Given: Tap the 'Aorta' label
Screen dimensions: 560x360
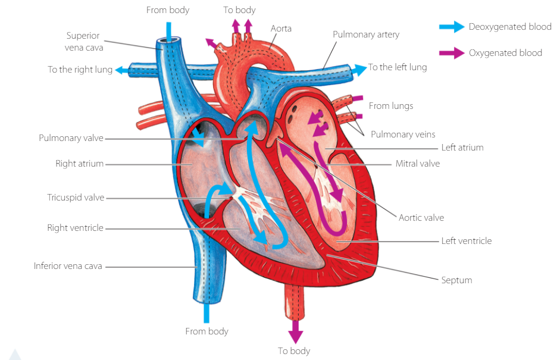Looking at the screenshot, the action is coord(281,28).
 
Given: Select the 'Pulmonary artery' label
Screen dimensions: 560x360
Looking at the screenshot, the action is coord(365,35).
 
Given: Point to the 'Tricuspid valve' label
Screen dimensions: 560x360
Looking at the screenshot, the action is coord(76,198).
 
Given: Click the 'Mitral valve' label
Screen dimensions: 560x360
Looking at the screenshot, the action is coord(417,163).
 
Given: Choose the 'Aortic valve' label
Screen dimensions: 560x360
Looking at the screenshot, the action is coord(421,218).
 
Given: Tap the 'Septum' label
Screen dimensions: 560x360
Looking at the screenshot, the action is coord(456,280).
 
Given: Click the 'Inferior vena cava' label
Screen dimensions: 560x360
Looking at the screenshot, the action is coord(68,266).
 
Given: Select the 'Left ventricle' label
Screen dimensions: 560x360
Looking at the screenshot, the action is coord(466,241).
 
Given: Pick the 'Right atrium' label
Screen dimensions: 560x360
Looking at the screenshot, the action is coord(79,163).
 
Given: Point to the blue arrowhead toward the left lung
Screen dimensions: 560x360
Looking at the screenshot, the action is coord(361,68).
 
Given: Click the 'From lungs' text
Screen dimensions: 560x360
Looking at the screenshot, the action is coord(390,106).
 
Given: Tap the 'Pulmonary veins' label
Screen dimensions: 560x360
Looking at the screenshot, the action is coord(403,134).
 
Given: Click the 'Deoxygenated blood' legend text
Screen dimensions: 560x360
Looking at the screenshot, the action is coord(509,27).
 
